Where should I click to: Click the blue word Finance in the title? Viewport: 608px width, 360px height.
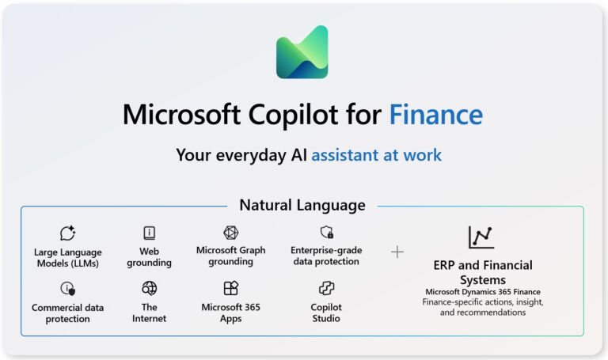tap(435, 116)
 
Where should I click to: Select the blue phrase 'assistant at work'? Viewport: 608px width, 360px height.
tap(376, 154)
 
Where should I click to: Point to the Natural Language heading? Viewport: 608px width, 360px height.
tap(302, 206)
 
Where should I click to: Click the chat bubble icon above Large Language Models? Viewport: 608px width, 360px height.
tap(68, 233)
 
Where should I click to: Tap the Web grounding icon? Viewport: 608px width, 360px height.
tap(149, 233)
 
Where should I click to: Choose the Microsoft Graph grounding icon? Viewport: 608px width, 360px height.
tap(230, 233)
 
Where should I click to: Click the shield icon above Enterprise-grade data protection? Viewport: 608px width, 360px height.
tap(326, 233)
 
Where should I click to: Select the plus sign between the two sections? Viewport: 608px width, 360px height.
tap(397, 252)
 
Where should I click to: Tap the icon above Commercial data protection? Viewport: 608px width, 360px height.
tap(68, 289)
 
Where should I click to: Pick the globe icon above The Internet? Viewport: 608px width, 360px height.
tap(149, 288)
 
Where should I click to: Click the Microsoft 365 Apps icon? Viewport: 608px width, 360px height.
tap(230, 288)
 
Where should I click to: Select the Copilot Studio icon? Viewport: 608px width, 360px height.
tap(326, 288)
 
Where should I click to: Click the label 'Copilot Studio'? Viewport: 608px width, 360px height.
tap(326, 313)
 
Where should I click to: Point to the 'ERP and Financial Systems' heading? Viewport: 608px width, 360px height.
tap(483, 272)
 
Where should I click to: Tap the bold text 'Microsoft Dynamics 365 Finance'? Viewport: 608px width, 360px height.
tap(483, 292)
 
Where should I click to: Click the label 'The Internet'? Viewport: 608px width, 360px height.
tap(149, 313)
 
